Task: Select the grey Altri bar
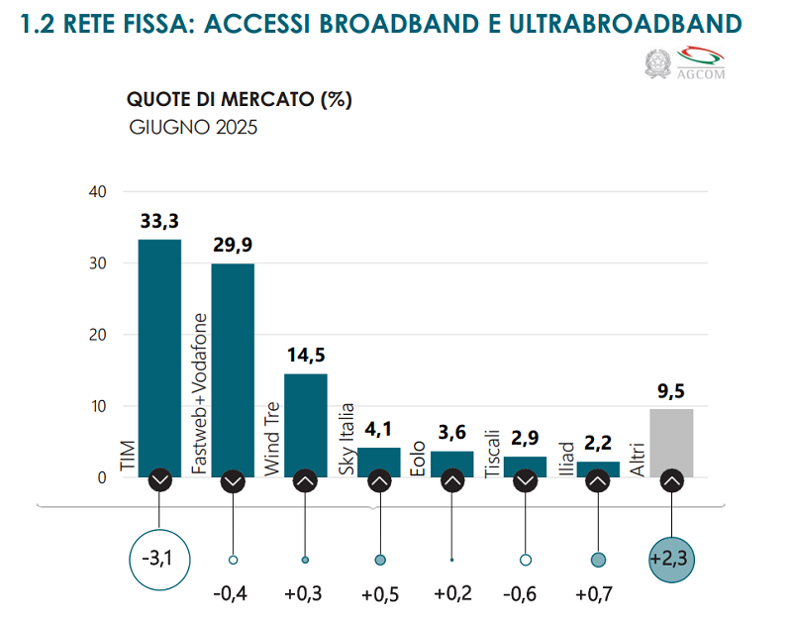[x=671, y=441]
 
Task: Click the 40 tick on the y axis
[x=97, y=192]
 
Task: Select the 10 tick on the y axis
[x=97, y=406]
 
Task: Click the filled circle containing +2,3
[x=671, y=560]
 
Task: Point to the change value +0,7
[x=598, y=595]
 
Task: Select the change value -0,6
[x=525, y=595]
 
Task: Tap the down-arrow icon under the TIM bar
[x=160, y=481]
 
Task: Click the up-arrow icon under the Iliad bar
[x=598, y=481]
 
